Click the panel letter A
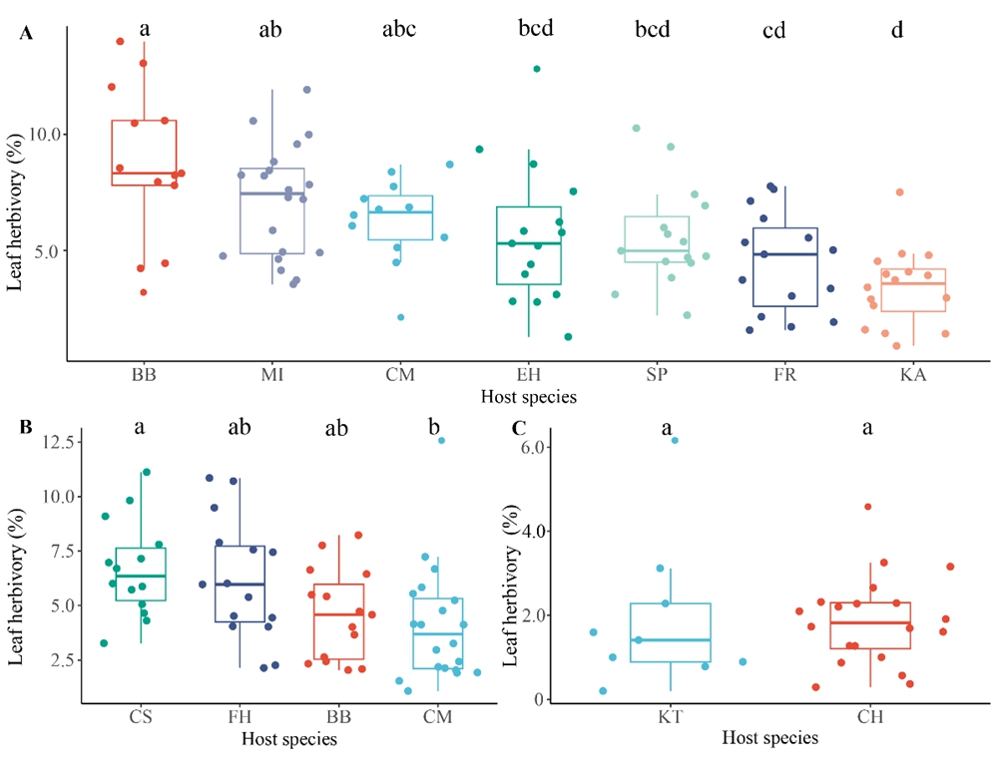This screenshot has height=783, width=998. [27, 34]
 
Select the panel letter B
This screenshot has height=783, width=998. [27, 427]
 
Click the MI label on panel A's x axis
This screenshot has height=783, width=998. [269, 376]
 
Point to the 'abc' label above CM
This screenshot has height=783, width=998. [398, 29]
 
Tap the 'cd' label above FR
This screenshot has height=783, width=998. [773, 30]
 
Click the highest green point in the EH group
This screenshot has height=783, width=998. [537, 69]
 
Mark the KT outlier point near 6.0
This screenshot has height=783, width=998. [674, 440]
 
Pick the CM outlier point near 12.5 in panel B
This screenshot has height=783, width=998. [440, 440]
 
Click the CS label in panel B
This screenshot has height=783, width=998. [141, 715]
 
